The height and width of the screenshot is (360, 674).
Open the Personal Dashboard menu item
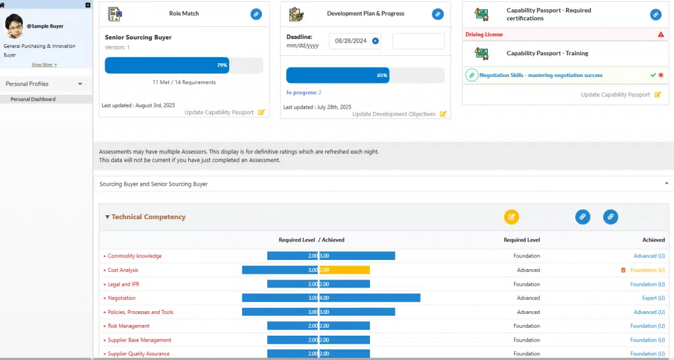(33, 99)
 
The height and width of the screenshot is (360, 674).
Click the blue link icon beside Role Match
(256, 14)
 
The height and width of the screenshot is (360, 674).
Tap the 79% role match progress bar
(167, 65)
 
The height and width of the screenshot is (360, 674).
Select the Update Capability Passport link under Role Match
(219, 113)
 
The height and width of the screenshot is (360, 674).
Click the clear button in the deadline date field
(375, 41)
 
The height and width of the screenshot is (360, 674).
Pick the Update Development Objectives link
(394, 115)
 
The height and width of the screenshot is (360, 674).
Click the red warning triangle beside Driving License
(660, 34)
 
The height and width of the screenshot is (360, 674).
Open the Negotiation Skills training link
(540, 76)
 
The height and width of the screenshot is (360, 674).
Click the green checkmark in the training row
(653, 75)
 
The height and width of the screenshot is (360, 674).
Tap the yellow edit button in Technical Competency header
(511, 217)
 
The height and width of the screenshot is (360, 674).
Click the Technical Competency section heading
(148, 217)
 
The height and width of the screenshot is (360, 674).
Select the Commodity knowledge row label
(134, 256)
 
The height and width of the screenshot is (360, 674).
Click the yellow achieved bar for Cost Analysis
(344, 270)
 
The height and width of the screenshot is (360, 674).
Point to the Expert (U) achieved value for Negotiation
(653, 298)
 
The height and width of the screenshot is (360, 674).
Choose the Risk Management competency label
(128, 326)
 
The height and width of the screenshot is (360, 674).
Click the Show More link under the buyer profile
(43, 64)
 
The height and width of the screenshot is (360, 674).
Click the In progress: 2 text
(303, 93)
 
